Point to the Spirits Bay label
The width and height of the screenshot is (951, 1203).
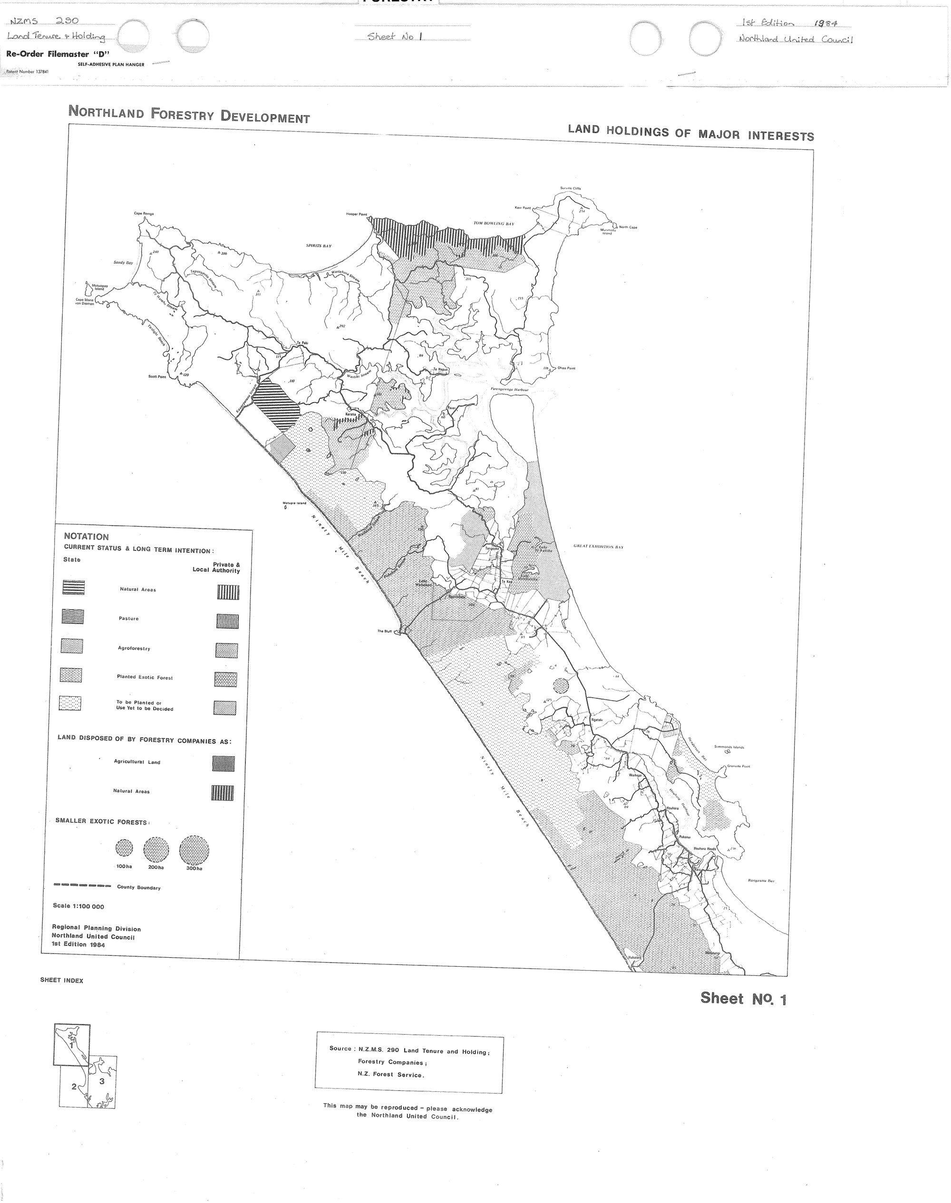click(319, 245)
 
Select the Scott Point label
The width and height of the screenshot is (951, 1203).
click(157, 377)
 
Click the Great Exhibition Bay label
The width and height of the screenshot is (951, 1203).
click(598, 547)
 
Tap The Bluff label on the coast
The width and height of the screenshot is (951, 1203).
click(385, 632)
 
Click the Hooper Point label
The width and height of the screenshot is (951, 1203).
click(356, 214)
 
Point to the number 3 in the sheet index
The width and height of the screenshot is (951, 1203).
click(101, 1081)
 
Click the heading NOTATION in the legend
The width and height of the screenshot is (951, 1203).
click(86, 537)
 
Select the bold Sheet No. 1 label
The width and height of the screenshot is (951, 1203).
click(743, 999)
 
